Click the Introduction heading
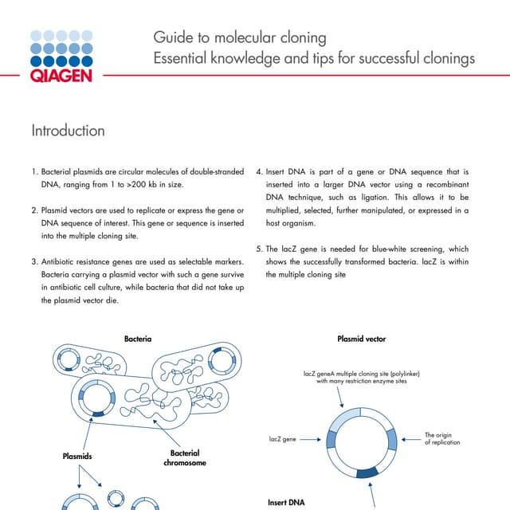pyautogui.click(x=68, y=130)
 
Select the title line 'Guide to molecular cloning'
pyautogui.click(x=239, y=38)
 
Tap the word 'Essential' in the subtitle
pyautogui.click(x=182, y=59)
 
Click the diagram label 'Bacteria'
pyautogui.click(x=138, y=339)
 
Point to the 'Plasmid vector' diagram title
pyautogui.click(x=361, y=339)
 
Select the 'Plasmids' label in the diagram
pyautogui.click(x=77, y=457)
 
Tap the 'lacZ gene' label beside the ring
pyautogui.click(x=279, y=439)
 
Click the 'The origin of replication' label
pyautogui.click(x=441, y=439)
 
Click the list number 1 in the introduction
pyautogui.click(x=33, y=171)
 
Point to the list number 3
pyautogui.click(x=33, y=261)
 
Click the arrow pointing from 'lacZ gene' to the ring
pyautogui.click(x=313, y=439)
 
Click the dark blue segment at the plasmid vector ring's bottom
pyautogui.click(x=367, y=473)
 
